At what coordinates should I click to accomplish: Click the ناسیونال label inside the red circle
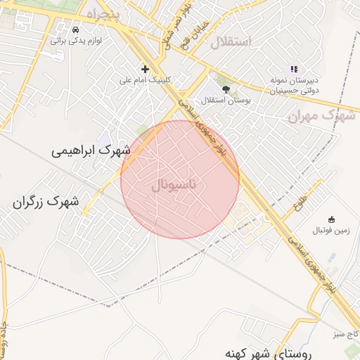pyautogui.click(x=171, y=186)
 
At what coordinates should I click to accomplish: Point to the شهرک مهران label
pyautogui.click(x=323, y=115)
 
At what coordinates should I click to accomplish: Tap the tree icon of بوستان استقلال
pyautogui.click(x=226, y=89)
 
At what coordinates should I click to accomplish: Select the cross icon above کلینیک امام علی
pyautogui.click(x=145, y=69)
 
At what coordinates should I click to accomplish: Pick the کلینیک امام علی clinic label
pyautogui.click(x=146, y=79)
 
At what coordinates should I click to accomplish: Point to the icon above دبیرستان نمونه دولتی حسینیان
pyautogui.click(x=294, y=69)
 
